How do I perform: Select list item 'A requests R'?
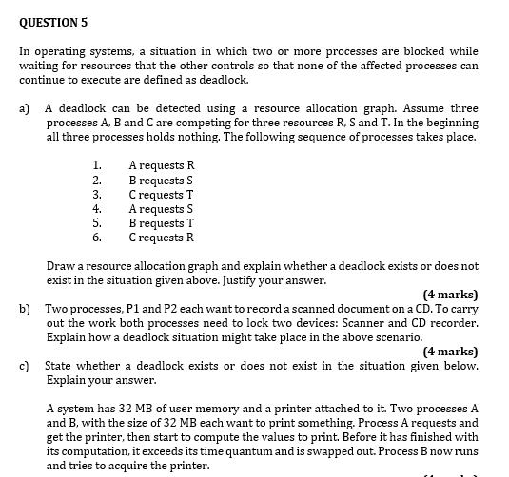point(162,165)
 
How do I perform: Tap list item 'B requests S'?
point(161,180)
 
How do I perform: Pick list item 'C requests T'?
point(161,194)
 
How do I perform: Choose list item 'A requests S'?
point(161,208)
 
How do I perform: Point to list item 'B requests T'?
point(161,222)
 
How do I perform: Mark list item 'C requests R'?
point(161,237)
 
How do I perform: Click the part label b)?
point(25,309)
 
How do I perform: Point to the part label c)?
point(25,366)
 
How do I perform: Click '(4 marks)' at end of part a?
point(450,295)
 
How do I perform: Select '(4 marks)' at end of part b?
point(450,352)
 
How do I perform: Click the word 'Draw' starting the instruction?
point(60,266)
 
